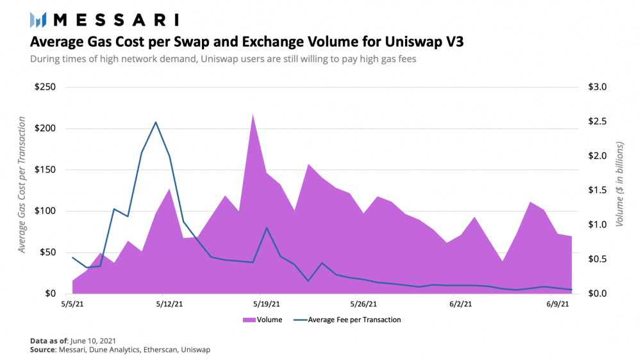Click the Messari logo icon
click(38, 19)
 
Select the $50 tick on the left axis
click(49, 252)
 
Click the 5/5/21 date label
click(72, 305)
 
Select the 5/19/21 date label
click(265, 305)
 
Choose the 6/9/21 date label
click(557, 305)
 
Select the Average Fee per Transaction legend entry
click(354, 320)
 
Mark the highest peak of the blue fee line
click(156, 122)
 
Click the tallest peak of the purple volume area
click(253, 114)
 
